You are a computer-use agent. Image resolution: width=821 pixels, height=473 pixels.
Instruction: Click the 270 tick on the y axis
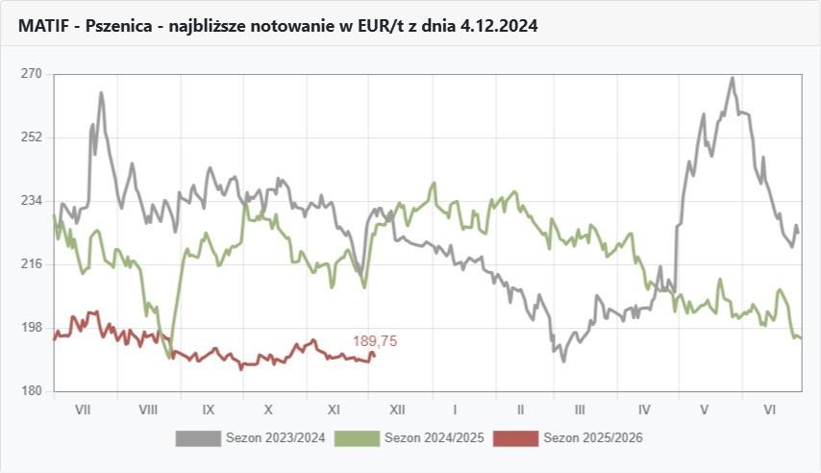point(31,74)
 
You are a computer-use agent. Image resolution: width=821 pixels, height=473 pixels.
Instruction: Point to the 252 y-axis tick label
point(31,137)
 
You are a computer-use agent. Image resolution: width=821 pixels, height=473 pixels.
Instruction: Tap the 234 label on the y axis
point(31,201)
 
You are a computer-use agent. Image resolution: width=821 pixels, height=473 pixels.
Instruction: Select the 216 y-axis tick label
point(31,264)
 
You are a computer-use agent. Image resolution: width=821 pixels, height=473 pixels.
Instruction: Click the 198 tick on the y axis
point(31,328)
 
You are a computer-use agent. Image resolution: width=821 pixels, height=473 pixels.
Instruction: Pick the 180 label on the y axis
point(31,391)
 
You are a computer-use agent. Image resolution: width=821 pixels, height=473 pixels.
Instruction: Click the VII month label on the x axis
point(83,410)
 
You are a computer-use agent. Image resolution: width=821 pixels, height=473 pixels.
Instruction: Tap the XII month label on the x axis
point(397,410)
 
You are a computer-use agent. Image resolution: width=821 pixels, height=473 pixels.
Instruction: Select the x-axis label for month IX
point(209,410)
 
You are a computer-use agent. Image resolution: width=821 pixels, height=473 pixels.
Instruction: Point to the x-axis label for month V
point(705,410)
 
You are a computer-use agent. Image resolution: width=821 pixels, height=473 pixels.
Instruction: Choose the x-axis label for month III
point(581,410)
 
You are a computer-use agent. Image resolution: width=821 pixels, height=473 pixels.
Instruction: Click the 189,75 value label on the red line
point(375,341)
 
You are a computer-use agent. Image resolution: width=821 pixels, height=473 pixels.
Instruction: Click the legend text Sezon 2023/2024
point(276,438)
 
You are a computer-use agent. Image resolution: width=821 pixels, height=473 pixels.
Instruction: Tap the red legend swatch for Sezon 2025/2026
point(515,438)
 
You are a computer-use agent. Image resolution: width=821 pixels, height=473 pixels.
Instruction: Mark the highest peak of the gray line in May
point(733,79)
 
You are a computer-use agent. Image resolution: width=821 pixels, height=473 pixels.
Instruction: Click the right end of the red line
point(374,355)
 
